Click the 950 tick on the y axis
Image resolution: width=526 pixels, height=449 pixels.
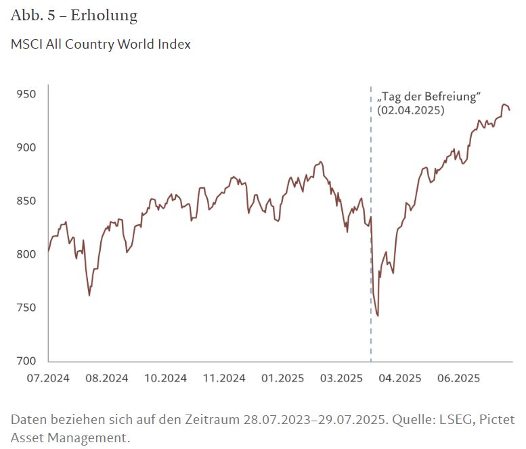[x=26, y=94]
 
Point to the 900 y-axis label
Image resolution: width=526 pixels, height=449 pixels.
[x=26, y=147]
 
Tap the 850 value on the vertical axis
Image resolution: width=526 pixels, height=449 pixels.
[x=26, y=201]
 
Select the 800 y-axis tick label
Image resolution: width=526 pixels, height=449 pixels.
[x=26, y=254]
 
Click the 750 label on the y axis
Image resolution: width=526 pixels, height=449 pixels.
[x=26, y=308]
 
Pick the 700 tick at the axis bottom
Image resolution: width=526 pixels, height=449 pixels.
[x=26, y=361]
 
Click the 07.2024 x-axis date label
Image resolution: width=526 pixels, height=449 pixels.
[x=48, y=378]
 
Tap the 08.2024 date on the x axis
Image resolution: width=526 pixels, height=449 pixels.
[x=106, y=378]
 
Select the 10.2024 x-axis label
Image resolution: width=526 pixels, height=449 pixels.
[x=165, y=378]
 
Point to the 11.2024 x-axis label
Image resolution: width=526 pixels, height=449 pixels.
[x=223, y=378]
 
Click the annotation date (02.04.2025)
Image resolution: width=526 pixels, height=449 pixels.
[x=411, y=110]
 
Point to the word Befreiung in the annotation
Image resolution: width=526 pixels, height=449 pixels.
[x=455, y=97]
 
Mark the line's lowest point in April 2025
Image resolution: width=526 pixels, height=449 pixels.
[x=378, y=316]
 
